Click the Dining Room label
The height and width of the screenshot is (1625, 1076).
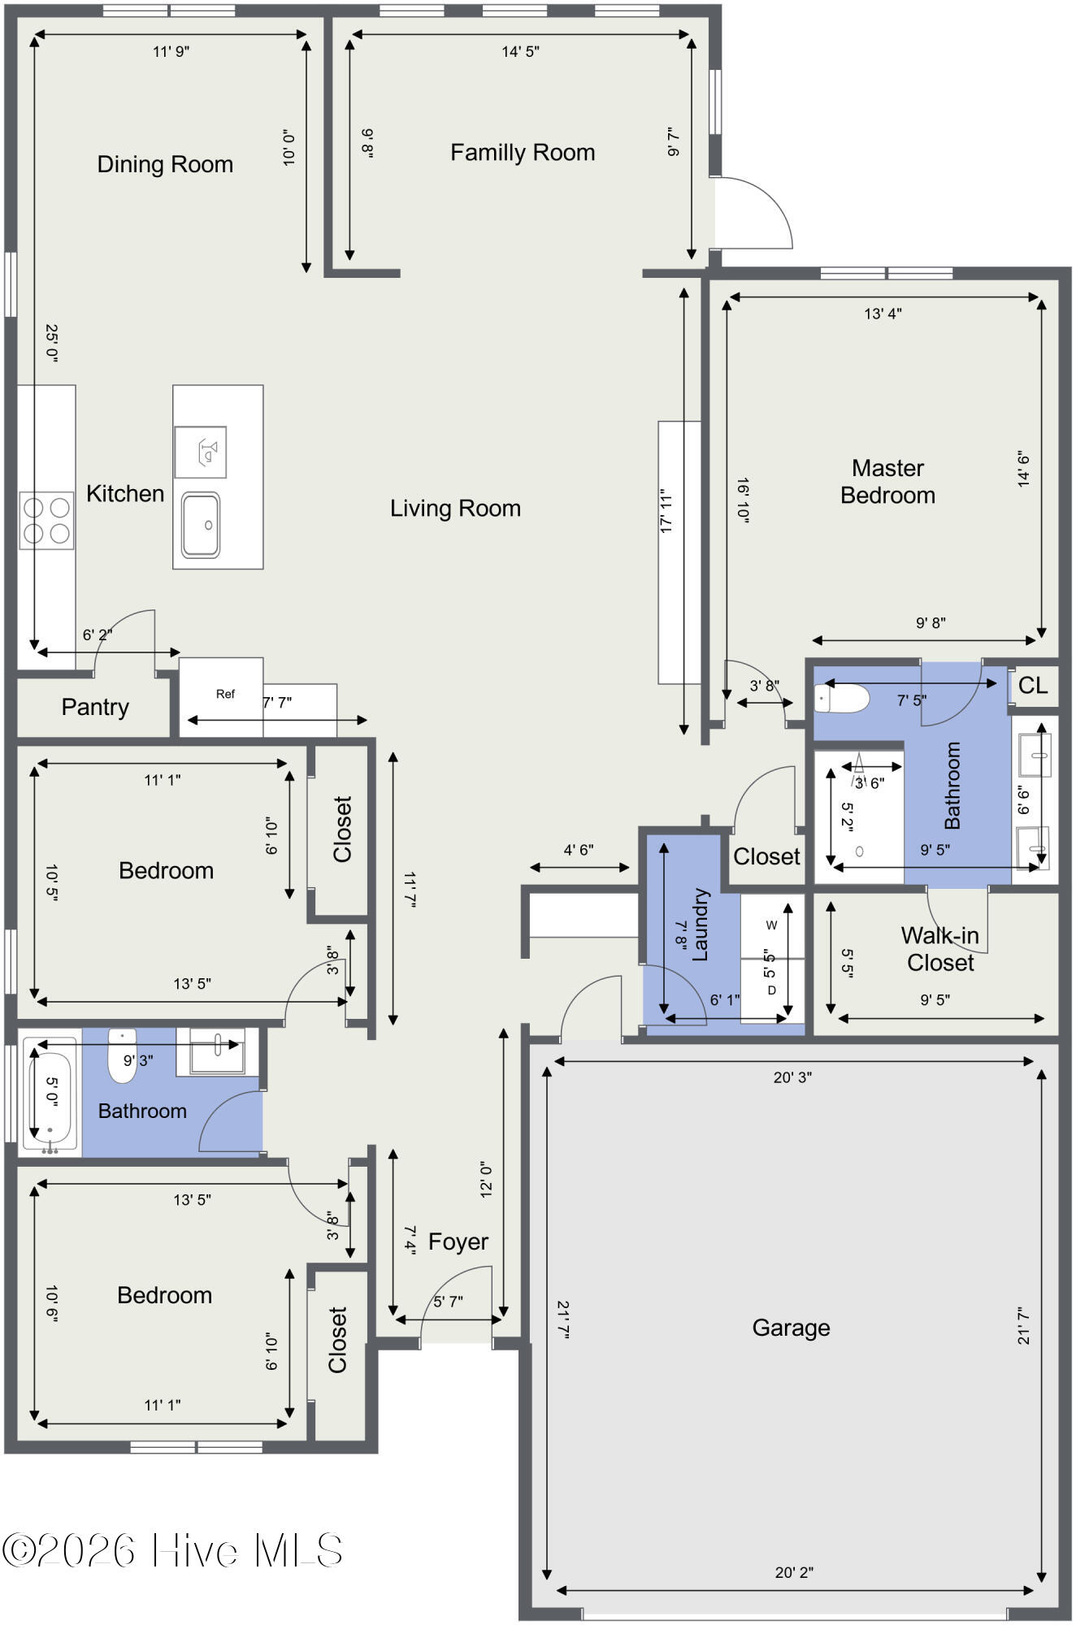pos(165,164)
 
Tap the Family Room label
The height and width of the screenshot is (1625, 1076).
pos(523,153)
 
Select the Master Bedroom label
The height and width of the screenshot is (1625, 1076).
pos(887,481)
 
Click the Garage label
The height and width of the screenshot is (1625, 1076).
pos(791,1328)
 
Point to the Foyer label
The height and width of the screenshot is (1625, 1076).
pos(458,1241)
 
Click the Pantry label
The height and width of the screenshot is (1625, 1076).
pos(95,707)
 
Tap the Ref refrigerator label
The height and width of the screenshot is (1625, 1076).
pos(225,694)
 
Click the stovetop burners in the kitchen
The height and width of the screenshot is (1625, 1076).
pos(46,520)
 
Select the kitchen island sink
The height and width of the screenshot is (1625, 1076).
pos(200,524)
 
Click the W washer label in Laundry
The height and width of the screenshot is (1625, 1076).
pos(771,925)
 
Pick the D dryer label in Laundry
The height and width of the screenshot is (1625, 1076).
pos(771,990)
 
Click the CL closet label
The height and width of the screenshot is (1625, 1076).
pos(1033,686)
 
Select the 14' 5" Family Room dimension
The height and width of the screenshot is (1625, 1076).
pos(520,52)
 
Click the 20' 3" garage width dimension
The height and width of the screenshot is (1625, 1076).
pos(792,1077)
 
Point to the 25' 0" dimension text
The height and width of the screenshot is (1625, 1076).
pos(51,343)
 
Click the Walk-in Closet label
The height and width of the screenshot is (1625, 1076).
pos(939,949)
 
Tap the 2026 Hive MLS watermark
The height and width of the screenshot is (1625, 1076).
pos(172,1550)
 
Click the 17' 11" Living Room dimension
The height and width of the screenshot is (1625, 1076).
pos(667,511)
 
